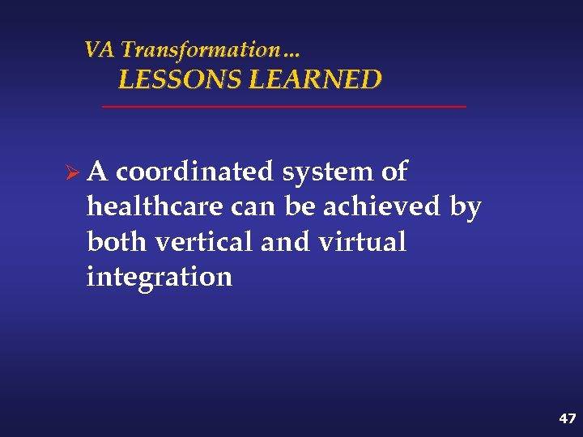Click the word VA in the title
[100, 50]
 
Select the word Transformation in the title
[198, 50]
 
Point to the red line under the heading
[283, 107]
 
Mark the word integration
[160, 278]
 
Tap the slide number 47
[567, 418]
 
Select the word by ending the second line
[465, 208]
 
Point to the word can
[254, 208]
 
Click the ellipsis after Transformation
[291, 53]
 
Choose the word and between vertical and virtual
[287, 242]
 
